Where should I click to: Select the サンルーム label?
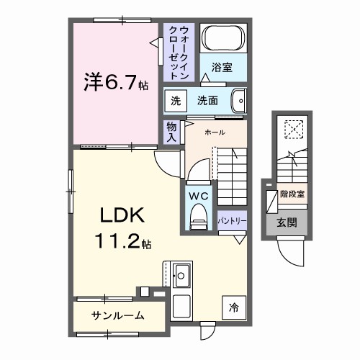(117, 315)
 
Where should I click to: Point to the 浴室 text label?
(222, 68)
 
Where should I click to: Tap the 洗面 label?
(208, 101)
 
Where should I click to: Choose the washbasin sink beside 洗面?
(240, 101)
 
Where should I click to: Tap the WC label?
(198, 194)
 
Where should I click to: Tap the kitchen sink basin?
(182, 274)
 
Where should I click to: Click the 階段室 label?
(292, 194)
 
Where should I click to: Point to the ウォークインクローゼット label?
(179, 52)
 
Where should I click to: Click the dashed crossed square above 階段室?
(293, 130)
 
